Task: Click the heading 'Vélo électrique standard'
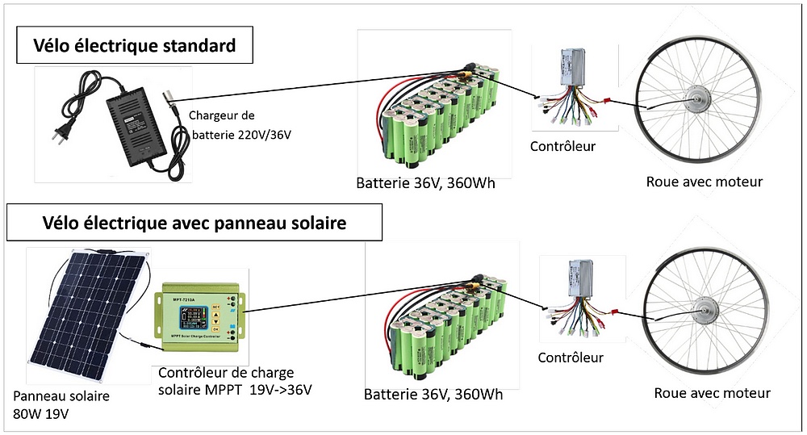pos(135,46)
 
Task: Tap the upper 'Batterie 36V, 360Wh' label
pos(425,183)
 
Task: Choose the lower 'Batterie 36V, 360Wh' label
pos(433,395)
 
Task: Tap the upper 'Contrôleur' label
pos(562,146)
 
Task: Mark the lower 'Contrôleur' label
pos(571,357)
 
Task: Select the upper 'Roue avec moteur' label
pos(704,182)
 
